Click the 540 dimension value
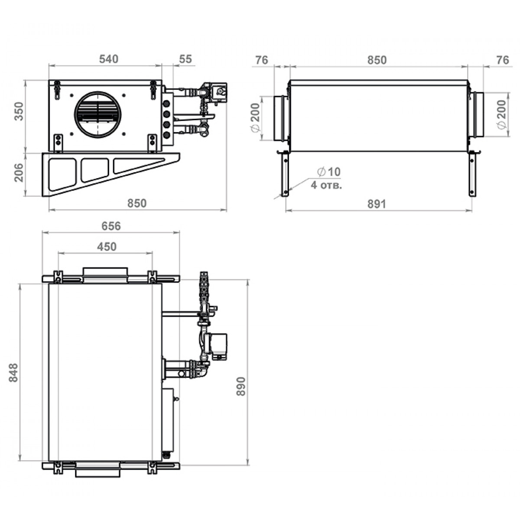108,59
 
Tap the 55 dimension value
185,59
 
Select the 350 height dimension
19,111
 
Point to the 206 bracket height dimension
19,173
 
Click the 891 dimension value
377,204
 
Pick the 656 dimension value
111,226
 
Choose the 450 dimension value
107,247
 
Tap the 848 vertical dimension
13,372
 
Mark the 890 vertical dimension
240,387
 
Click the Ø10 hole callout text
328,172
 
